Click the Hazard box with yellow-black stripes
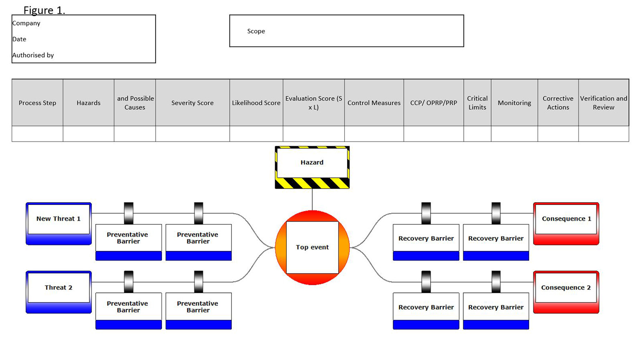tap(312, 163)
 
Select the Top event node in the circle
tap(312, 247)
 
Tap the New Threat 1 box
tap(58, 219)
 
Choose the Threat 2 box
tap(58, 287)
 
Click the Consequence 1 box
tap(566, 219)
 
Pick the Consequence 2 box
tap(566, 287)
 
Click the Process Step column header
tap(37, 103)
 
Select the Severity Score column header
tap(192, 103)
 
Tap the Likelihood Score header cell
tap(256, 103)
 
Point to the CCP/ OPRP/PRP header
tap(434, 103)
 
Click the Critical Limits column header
tap(477, 103)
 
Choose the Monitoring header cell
tap(514, 103)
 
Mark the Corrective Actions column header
tap(558, 103)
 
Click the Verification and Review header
tap(603, 103)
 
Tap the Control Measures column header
tap(374, 103)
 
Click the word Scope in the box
tap(256, 31)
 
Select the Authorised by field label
tap(33, 55)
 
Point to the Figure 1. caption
tap(44, 10)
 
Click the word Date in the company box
tap(19, 39)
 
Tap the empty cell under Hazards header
tap(88, 134)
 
